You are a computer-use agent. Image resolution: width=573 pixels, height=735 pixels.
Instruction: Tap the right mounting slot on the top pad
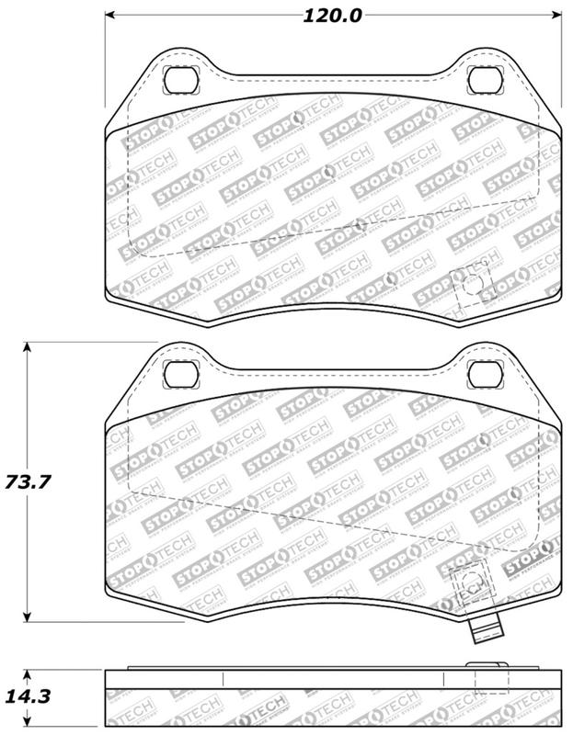point(483,80)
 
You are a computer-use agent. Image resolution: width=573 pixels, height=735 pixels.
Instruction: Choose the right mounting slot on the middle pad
point(483,373)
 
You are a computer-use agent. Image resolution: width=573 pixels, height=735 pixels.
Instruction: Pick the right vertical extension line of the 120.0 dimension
point(561,64)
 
